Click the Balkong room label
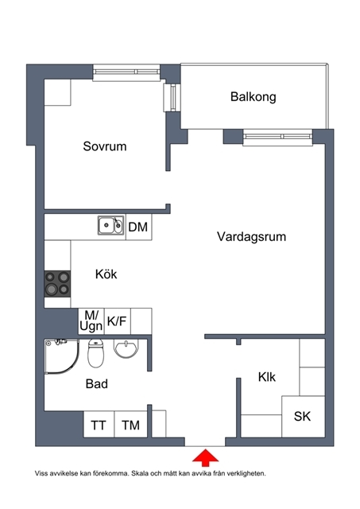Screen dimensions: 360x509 253,97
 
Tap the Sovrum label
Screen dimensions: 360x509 104,146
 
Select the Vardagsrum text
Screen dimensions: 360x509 251,237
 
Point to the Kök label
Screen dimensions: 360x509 106,274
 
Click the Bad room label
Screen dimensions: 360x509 97,384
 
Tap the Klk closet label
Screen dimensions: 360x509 266,377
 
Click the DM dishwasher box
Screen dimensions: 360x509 138,227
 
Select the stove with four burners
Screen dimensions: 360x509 57,284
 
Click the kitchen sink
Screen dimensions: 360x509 110,225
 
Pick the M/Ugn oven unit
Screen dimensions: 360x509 91,321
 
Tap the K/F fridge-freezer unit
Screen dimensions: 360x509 117,321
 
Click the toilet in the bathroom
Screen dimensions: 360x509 95,353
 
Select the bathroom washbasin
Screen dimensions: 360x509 126,348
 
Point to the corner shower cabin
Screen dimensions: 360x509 62,356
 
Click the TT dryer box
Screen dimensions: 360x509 99,424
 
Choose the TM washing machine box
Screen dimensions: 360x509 131,424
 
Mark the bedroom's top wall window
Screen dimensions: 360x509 126,72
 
